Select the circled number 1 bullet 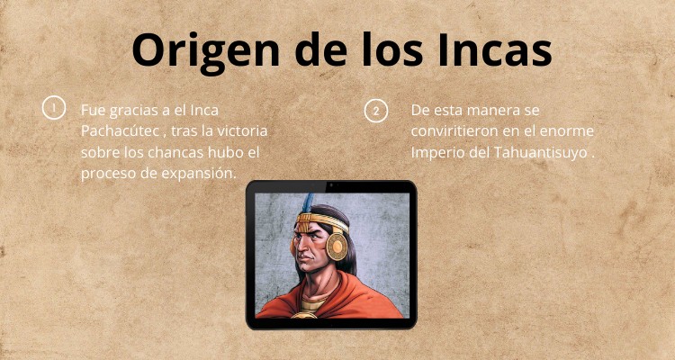pyautogui.click(x=53, y=109)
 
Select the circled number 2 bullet pyautogui.click(x=375, y=110)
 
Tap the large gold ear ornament pyautogui.click(x=337, y=246)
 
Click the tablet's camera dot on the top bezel pyautogui.click(x=331, y=186)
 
